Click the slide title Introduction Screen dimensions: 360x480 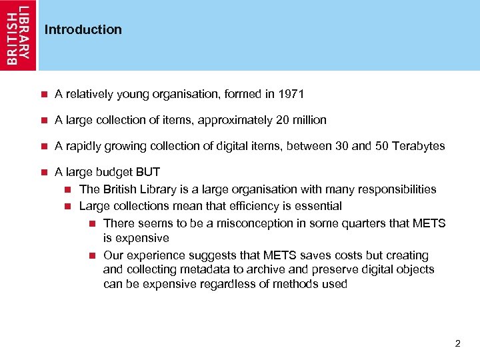[x=83, y=29]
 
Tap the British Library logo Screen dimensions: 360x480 [x=19, y=35]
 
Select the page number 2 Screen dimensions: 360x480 [x=457, y=343]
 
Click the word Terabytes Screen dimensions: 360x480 [x=418, y=146]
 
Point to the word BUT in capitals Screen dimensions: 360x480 [x=147, y=172]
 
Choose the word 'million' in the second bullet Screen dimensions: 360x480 [x=308, y=120]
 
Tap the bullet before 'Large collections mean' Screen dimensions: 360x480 [x=68, y=206]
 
